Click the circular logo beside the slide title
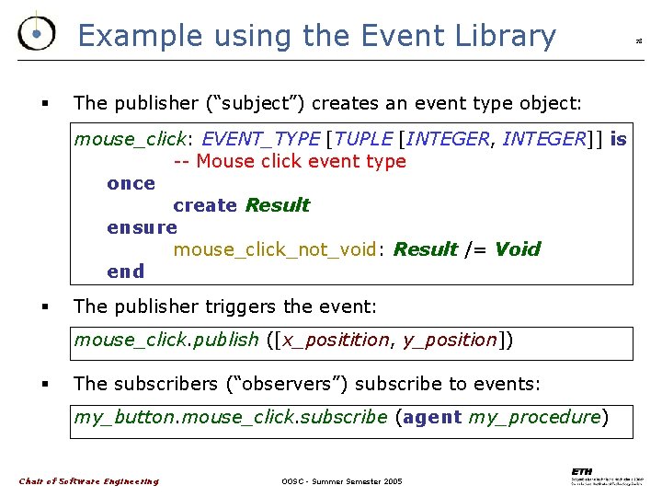click(x=35, y=34)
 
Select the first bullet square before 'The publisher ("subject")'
click(x=32, y=103)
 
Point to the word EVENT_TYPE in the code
click(x=259, y=139)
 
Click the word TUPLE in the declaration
click(x=361, y=139)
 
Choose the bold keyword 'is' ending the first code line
click(x=618, y=139)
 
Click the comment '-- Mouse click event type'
click(x=290, y=161)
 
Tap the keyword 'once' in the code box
click(x=131, y=183)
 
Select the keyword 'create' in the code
click(x=205, y=205)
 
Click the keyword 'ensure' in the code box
click(x=142, y=227)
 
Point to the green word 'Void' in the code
click(x=518, y=249)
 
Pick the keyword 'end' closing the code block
click(x=126, y=272)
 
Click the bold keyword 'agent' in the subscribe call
click(x=431, y=417)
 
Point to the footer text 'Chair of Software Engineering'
click(x=89, y=481)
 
